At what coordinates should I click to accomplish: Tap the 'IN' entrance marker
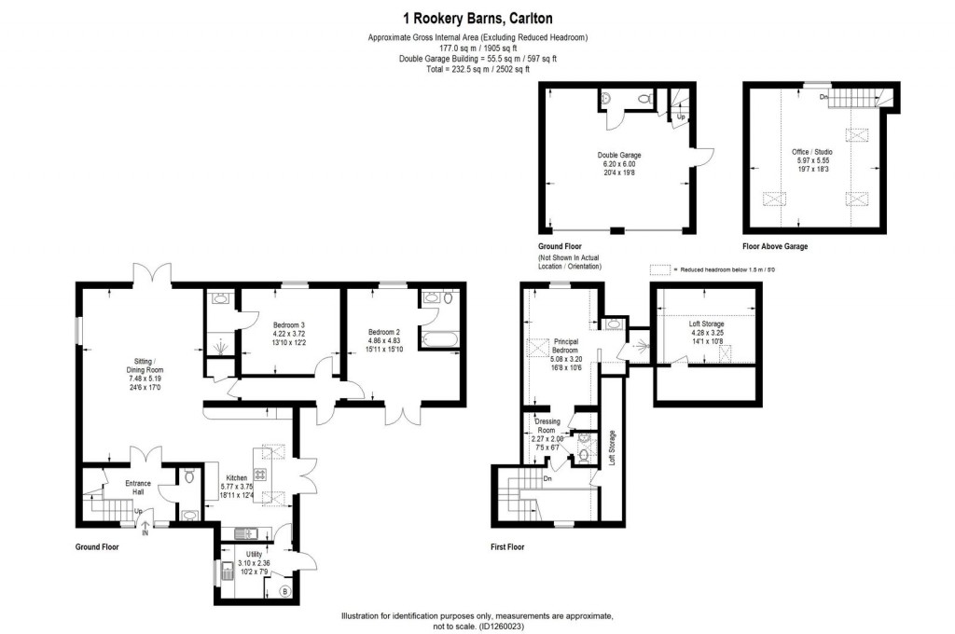[145, 534]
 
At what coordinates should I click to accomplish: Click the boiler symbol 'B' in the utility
[285, 591]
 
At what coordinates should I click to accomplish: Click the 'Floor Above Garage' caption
[775, 246]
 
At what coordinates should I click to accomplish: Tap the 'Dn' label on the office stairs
[822, 96]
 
